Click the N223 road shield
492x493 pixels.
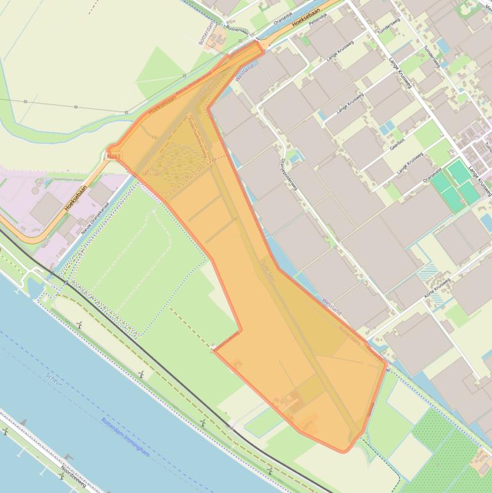click(x=114, y=156)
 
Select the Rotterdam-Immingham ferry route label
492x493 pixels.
click(x=125, y=437)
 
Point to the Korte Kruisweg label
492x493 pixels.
click(x=438, y=290)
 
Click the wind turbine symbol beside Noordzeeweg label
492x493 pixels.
click(x=68, y=457)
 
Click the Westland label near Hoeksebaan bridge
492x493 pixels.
click(x=245, y=71)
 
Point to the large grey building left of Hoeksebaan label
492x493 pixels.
click(x=46, y=208)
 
